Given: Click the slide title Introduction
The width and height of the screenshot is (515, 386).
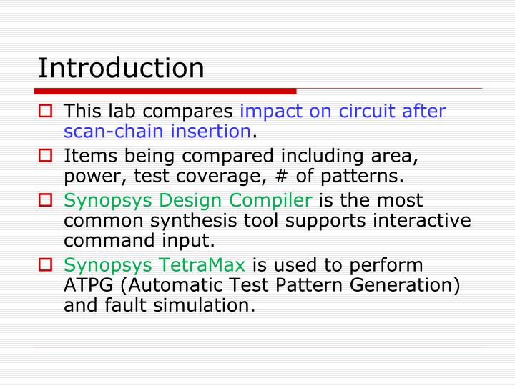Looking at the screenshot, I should coord(121,68).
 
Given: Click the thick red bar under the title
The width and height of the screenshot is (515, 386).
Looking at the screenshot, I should coord(165,91).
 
